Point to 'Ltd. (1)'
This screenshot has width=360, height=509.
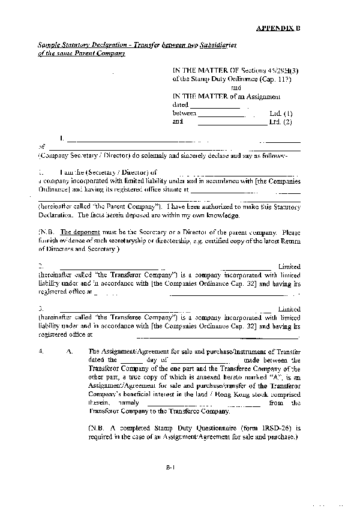(x=281, y=113)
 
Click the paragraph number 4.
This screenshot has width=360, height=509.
(x=40, y=351)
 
